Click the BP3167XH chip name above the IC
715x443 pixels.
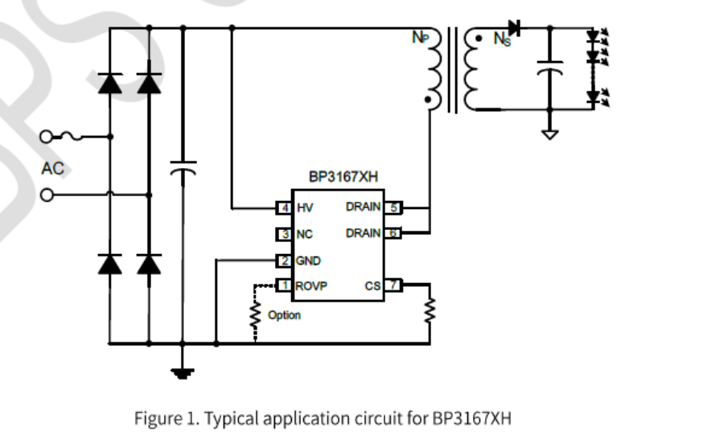coord(343,176)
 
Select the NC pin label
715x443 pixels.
coord(304,234)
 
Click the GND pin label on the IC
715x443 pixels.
coord(308,260)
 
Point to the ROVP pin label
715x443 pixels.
coord(311,285)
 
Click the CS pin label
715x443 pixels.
coord(372,285)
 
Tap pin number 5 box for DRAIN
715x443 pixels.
coord(393,207)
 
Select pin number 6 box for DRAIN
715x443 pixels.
coord(393,233)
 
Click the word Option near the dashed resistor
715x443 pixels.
coord(284,315)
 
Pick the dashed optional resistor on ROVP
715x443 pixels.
coord(255,314)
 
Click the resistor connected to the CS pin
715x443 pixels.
coord(429,310)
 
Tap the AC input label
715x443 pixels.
coord(53,169)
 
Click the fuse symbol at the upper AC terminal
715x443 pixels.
coord(71,136)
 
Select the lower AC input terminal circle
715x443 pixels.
coord(47,195)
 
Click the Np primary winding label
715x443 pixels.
coord(421,37)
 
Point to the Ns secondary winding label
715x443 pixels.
coord(503,39)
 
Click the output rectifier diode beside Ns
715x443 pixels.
coord(515,28)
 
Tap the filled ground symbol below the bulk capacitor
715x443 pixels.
coord(183,374)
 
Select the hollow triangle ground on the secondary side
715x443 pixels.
coord(550,135)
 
